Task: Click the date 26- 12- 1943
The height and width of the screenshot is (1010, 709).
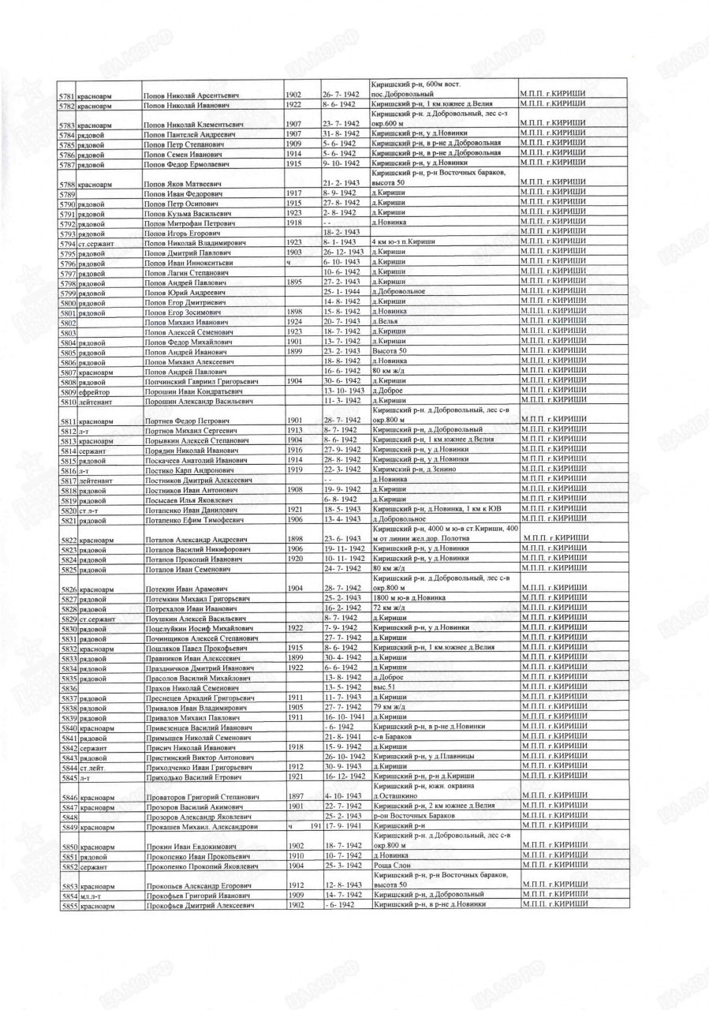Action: coord(344,252)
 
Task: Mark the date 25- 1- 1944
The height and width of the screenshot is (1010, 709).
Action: coord(341,293)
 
